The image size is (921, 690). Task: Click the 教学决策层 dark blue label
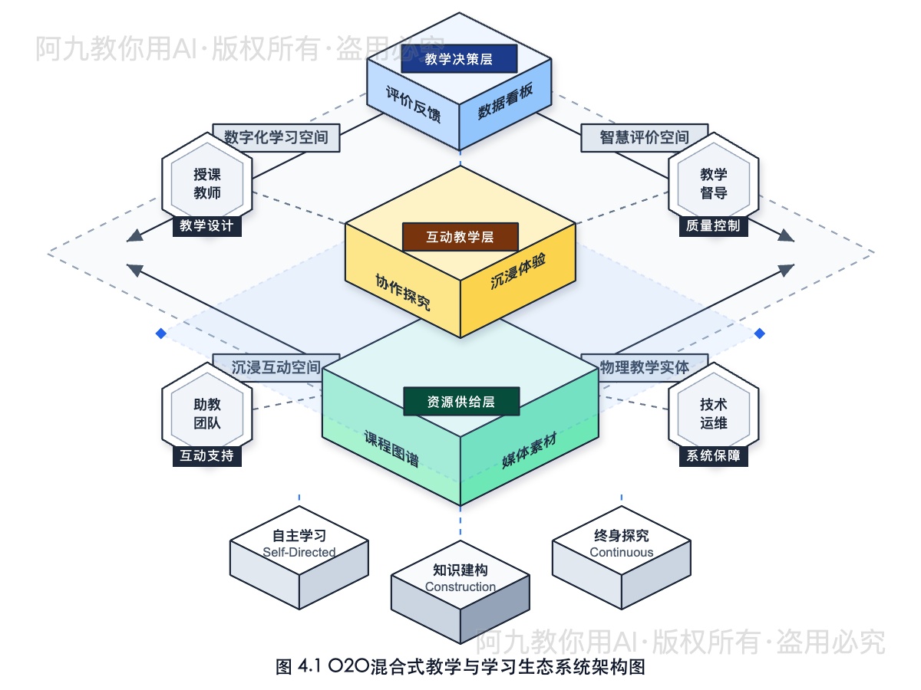(459, 59)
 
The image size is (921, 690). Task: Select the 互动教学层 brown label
(460, 237)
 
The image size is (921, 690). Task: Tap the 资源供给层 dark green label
(461, 401)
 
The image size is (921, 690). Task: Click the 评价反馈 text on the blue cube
(413, 107)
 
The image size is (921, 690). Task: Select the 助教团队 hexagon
(207, 414)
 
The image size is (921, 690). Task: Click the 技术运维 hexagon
(714, 414)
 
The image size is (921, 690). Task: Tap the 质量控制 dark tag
(714, 226)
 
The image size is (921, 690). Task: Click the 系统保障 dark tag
(714, 455)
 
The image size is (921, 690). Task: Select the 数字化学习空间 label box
(276, 138)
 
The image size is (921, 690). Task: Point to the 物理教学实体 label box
(645, 367)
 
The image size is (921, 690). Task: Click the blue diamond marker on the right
(760, 333)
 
